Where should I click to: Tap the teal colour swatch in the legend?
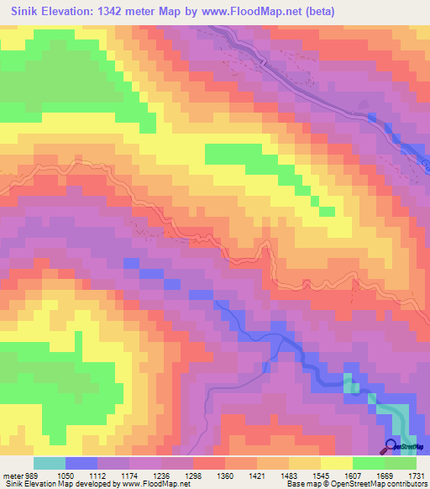(49, 463)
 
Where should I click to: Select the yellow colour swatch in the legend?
(336, 463)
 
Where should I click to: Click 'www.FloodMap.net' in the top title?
(275, 11)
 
